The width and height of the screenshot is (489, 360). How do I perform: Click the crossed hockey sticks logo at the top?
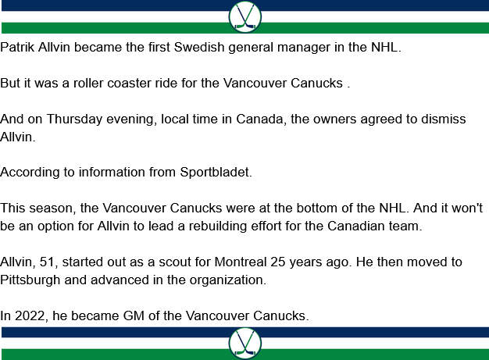(x=244, y=16)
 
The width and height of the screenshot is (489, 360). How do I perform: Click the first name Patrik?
(x=18, y=48)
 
